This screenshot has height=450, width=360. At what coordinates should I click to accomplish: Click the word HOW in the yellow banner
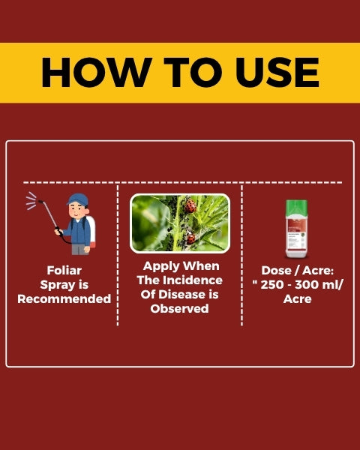coord(97,72)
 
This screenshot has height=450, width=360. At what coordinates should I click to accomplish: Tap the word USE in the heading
coord(277,72)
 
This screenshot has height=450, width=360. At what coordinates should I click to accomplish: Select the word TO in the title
coord(193,72)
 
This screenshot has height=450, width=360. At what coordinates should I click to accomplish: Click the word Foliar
coord(64,270)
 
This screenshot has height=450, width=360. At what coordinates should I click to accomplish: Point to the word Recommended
coord(64,298)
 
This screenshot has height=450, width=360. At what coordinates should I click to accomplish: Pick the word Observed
coord(179,309)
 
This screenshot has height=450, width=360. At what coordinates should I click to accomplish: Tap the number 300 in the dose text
coord(307,285)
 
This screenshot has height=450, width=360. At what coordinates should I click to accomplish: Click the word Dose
coord(276,270)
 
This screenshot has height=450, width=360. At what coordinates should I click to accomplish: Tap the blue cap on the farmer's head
coord(77,199)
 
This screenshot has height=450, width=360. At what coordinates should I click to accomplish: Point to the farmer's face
coord(77,211)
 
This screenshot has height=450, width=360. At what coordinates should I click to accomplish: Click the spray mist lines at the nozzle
coord(31,200)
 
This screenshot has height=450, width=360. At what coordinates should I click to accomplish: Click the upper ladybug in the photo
coord(190,205)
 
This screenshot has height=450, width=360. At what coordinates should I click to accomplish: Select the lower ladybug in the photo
coord(190,238)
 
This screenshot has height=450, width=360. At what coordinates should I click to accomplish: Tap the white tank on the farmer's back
coord(91,232)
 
